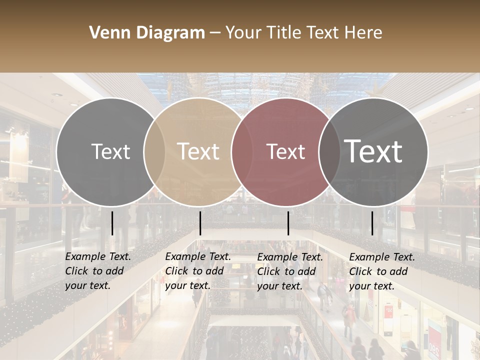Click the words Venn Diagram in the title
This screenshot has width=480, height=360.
point(147,33)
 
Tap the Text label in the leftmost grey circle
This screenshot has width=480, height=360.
point(110,151)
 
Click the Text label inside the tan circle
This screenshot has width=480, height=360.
point(198,151)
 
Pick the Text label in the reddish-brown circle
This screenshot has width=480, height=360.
point(286,151)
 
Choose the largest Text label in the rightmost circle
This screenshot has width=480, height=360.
point(373,151)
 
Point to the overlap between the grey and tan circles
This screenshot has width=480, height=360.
point(154,151)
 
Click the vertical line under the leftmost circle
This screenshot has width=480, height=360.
point(112,223)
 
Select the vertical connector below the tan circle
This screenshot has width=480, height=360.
point(200,223)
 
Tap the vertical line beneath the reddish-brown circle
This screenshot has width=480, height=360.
point(288,223)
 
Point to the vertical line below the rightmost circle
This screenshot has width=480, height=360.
point(372,223)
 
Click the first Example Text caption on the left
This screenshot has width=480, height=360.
point(98,256)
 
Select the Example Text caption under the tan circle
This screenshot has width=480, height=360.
point(198,256)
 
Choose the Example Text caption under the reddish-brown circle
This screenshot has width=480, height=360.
point(290,257)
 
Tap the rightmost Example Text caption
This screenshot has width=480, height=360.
point(382,257)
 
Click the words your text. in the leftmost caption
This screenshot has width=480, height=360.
point(88,286)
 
